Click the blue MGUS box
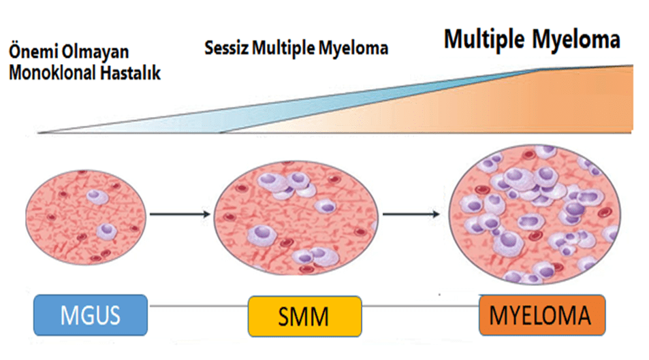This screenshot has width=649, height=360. [x=90, y=314]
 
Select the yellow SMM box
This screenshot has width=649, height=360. [x=303, y=316]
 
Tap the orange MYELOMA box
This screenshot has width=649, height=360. [x=541, y=315]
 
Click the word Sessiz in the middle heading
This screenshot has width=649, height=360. [x=227, y=49]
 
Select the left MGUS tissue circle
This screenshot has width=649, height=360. [x=85, y=216]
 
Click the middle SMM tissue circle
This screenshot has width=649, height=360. [x=296, y=217]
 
